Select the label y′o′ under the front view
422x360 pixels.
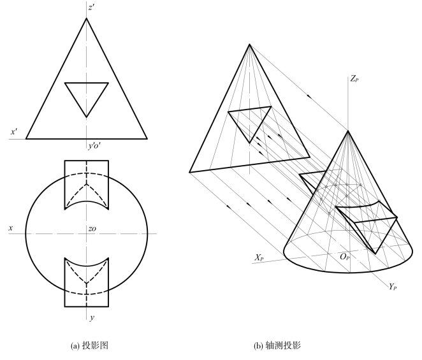click(96, 146)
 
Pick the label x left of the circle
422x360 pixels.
click(10, 227)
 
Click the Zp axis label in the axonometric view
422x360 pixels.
click(355, 78)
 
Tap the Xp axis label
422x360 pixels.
click(259, 257)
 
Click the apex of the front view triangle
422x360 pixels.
click(87, 18)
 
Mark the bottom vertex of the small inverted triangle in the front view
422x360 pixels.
click(87, 117)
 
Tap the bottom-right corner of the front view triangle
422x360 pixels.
click(147, 138)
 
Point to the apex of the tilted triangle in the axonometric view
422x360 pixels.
click(249, 44)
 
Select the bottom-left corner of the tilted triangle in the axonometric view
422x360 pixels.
click(190, 172)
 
